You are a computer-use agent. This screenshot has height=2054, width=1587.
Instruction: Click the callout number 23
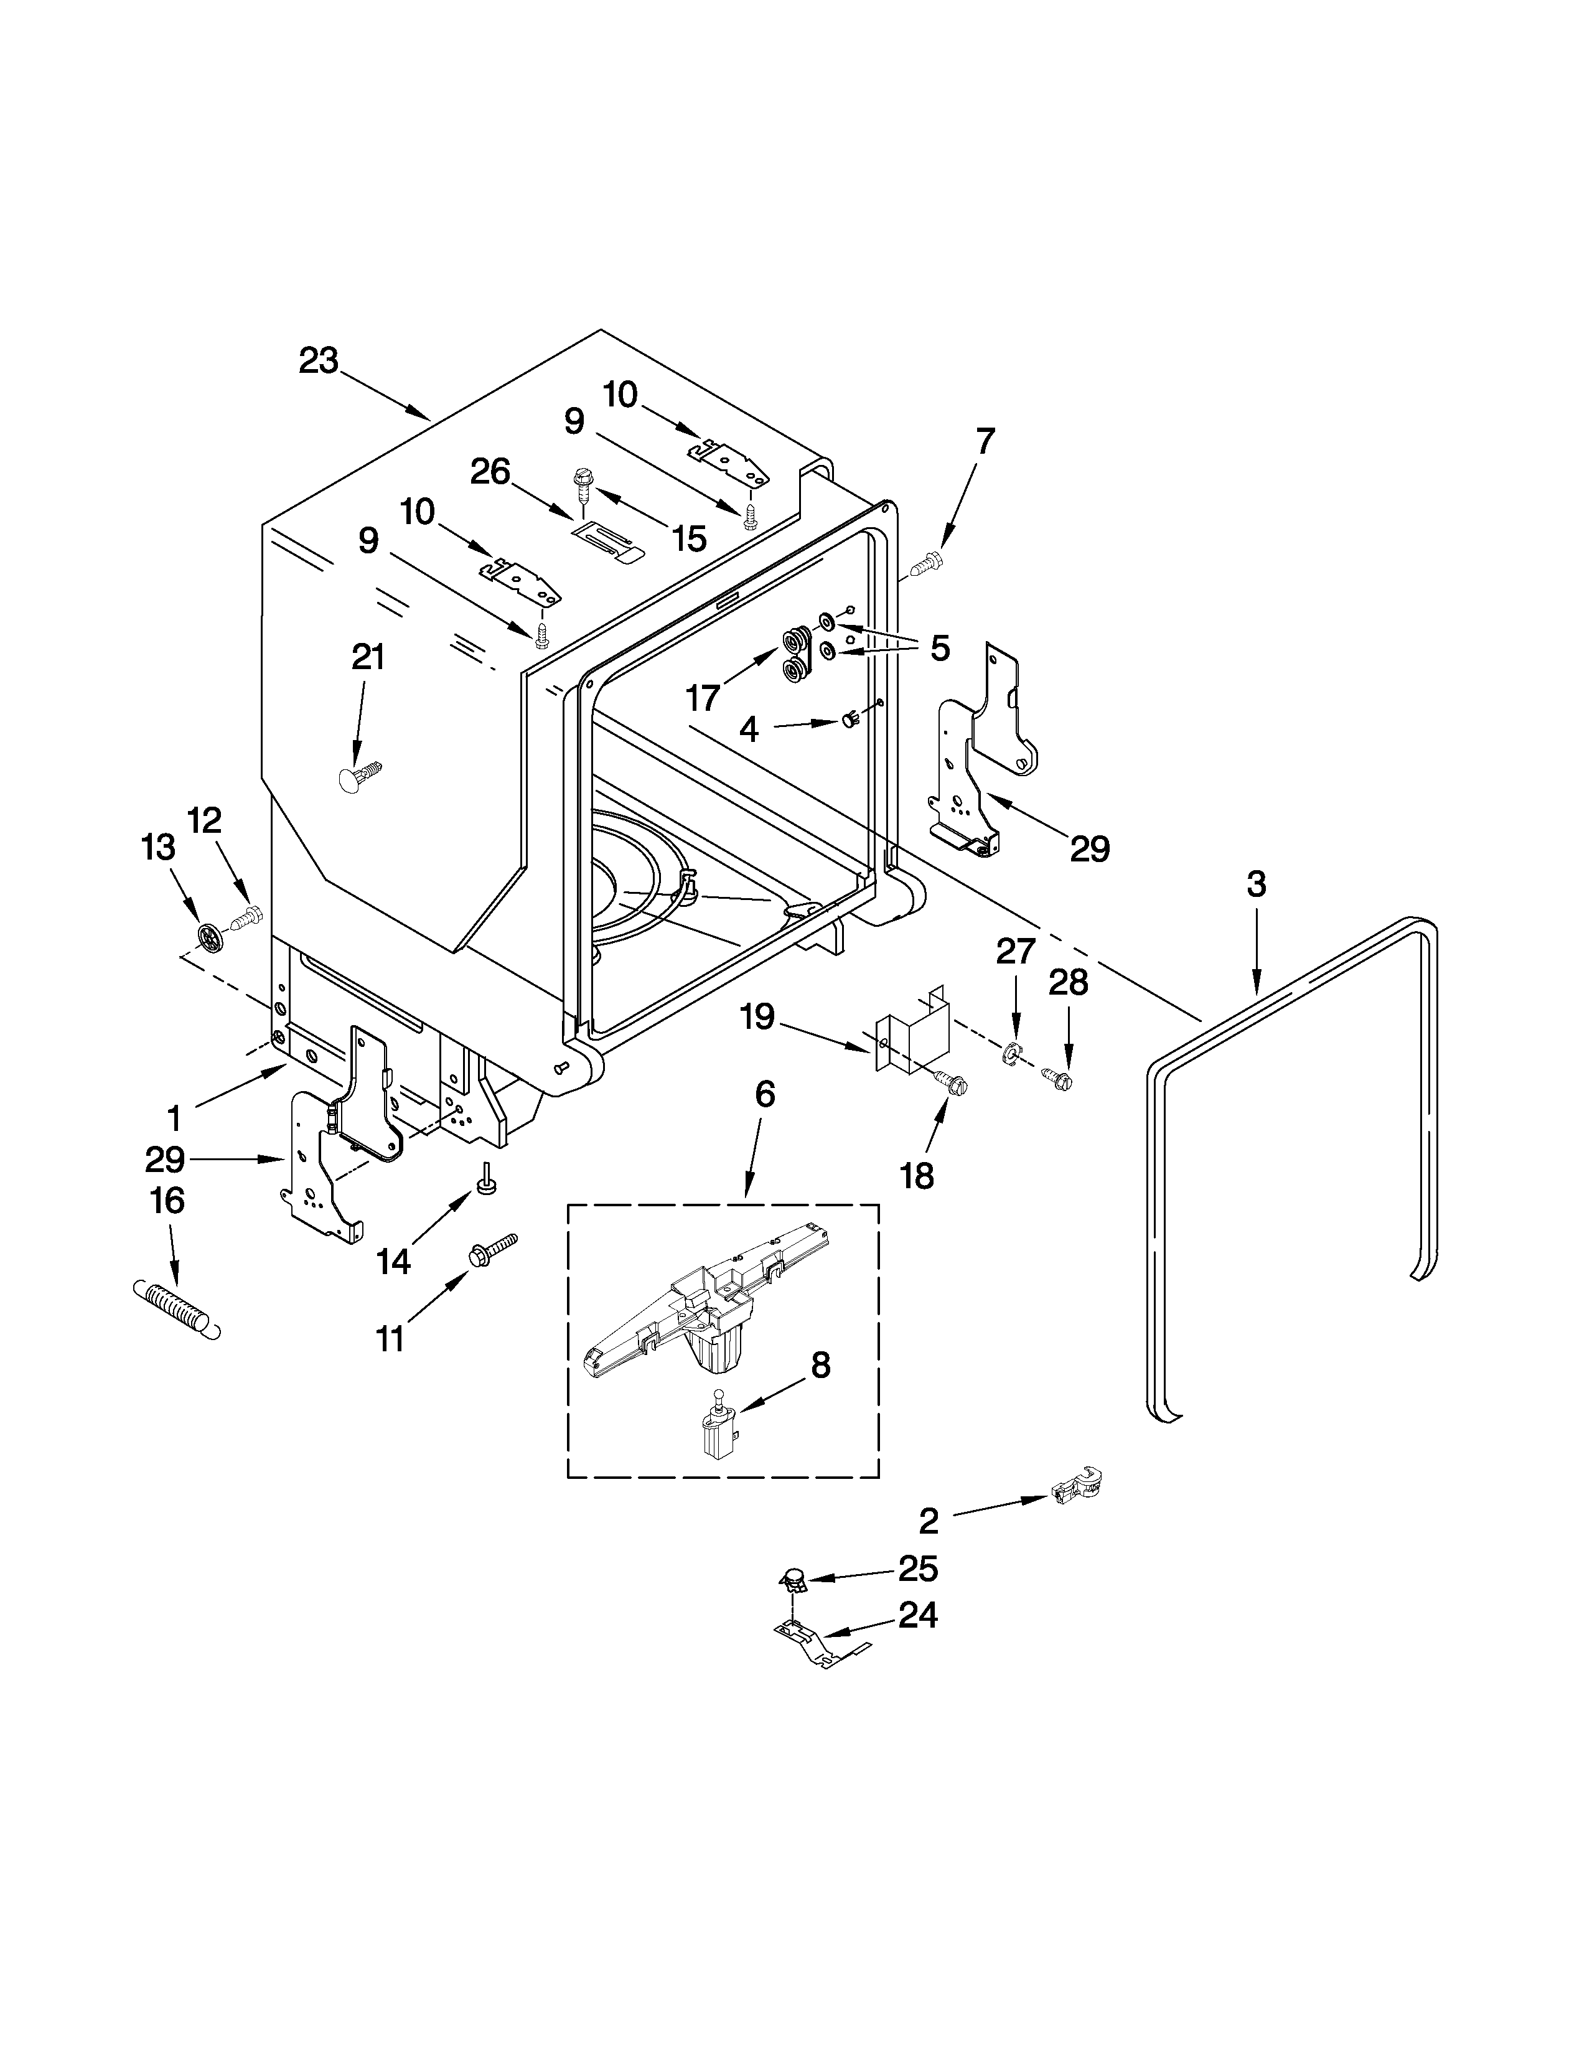click(319, 361)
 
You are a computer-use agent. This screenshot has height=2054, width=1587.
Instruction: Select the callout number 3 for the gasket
click(1256, 884)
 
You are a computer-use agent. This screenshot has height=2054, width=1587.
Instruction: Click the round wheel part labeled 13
click(212, 935)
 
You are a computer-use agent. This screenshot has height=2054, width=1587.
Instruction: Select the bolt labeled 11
click(493, 1247)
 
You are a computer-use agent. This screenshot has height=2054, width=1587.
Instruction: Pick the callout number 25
click(917, 1568)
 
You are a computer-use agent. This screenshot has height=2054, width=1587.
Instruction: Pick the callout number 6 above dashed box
click(765, 1093)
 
